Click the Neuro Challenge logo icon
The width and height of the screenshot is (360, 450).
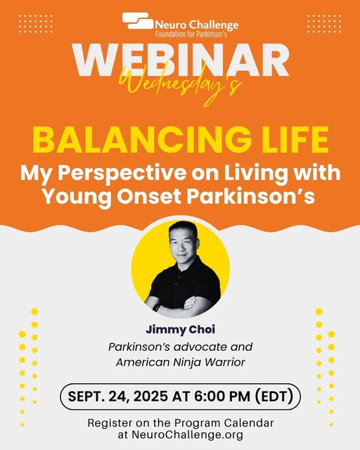click(137, 20)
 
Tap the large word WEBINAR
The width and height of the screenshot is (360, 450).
click(180, 60)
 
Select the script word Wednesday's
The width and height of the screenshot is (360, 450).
click(180, 84)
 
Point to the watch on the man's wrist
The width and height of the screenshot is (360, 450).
click(157, 307)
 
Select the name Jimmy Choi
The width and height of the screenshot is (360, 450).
click(180, 330)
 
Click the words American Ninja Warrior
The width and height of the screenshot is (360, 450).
click(180, 362)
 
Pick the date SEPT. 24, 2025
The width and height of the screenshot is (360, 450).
click(117, 397)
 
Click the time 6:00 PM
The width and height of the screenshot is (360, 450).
click(222, 397)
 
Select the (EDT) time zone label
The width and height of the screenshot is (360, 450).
click(274, 397)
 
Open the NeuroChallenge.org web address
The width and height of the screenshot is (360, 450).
click(187, 435)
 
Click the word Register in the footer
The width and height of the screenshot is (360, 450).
click(110, 423)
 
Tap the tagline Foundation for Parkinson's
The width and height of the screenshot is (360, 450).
click(191, 34)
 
